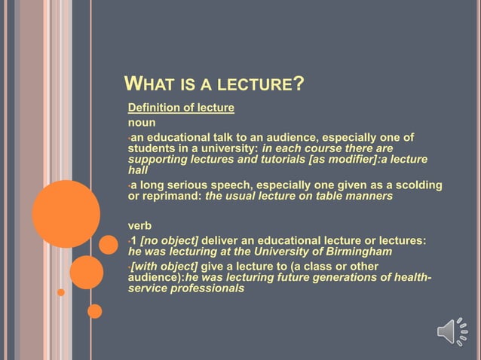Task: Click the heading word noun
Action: point(142,122)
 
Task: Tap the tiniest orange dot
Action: point(61,291)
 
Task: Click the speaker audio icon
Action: point(452,331)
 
